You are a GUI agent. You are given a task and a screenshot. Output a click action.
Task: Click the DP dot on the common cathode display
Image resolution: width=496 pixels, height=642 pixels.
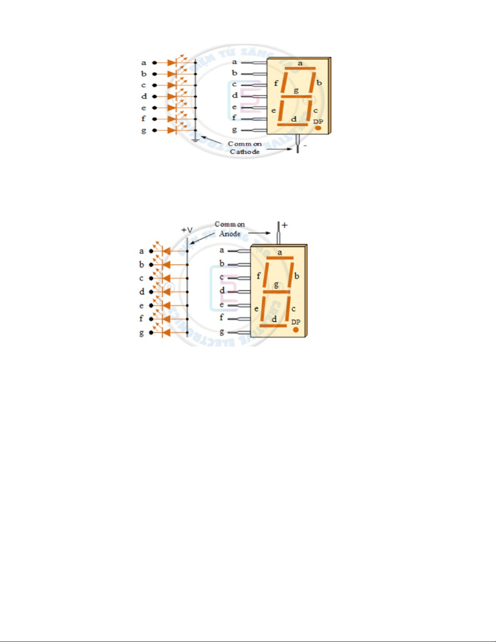(318, 128)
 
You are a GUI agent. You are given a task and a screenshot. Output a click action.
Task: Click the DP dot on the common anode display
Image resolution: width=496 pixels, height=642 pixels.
(296, 330)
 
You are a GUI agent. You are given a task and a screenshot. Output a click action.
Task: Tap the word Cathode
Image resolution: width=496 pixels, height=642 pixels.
(245, 152)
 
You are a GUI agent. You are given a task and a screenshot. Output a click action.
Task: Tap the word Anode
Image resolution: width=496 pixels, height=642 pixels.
(230, 234)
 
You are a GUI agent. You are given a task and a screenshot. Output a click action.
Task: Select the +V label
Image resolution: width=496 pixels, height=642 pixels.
(187, 230)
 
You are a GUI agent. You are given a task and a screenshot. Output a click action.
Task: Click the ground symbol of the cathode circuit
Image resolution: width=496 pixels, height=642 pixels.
(196, 140)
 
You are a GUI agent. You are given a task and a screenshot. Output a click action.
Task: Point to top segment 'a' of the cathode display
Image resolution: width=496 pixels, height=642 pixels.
(300, 68)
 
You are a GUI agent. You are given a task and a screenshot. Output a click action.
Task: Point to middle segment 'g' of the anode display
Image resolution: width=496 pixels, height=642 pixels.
(277, 292)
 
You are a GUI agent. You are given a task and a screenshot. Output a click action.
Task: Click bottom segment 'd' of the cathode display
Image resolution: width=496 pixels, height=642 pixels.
(292, 125)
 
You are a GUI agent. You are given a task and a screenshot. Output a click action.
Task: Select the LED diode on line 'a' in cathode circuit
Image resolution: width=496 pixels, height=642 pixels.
(172, 63)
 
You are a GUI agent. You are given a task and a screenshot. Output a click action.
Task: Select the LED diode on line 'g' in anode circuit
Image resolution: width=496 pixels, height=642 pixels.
(166, 333)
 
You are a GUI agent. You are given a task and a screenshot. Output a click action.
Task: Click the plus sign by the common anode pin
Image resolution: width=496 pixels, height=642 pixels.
(285, 225)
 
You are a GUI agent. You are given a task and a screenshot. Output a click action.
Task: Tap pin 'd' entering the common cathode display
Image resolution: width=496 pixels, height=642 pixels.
(253, 96)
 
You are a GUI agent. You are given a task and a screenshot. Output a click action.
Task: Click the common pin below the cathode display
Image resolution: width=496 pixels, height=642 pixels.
(298, 143)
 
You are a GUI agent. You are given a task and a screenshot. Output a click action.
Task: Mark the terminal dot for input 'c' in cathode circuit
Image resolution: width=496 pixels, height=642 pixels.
(154, 85)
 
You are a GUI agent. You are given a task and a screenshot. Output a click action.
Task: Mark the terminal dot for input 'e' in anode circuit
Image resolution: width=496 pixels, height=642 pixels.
(151, 305)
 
